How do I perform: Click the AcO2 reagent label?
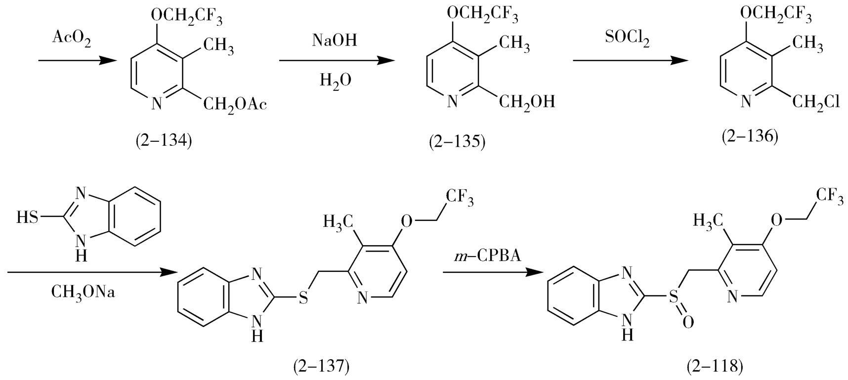point(72,40)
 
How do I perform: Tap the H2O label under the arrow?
point(336,79)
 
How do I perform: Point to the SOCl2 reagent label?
point(627,40)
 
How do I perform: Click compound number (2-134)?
point(164,140)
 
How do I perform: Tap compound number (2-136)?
point(750,136)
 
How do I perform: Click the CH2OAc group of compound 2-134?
point(235,104)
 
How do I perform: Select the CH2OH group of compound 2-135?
point(527,102)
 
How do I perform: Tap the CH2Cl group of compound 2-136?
point(816,102)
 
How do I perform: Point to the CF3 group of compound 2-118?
point(829,196)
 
